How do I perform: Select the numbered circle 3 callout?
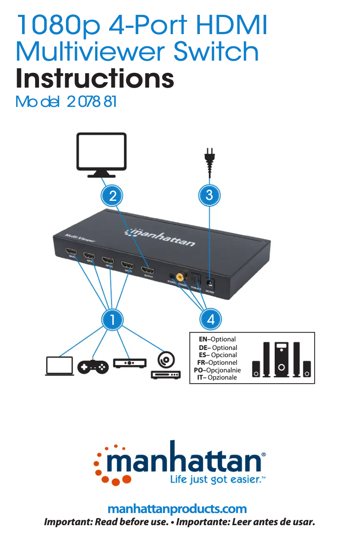point(209,195)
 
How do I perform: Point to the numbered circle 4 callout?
point(211,319)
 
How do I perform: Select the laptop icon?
point(59,366)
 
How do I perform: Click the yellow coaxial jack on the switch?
point(182,277)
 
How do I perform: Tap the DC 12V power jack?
point(210,283)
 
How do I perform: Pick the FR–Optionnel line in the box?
point(217,363)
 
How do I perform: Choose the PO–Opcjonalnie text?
point(217,370)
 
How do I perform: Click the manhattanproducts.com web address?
point(177,509)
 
